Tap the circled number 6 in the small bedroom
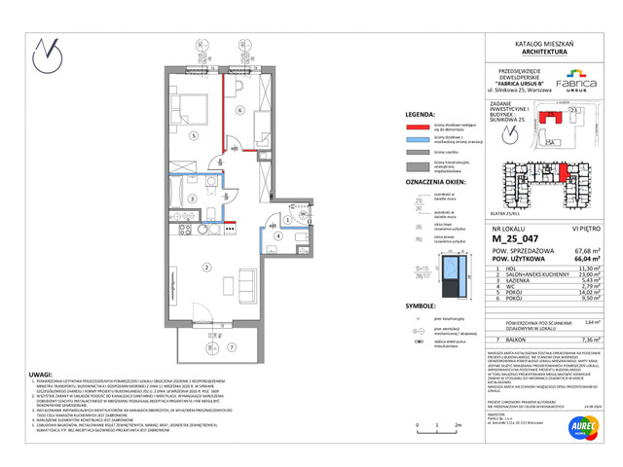pos(238,111)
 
